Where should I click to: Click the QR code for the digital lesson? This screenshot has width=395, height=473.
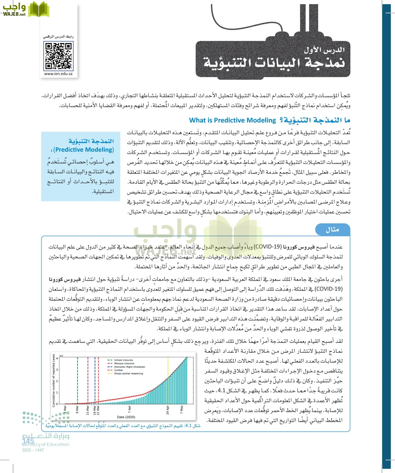pyautogui.click(x=58, y=56)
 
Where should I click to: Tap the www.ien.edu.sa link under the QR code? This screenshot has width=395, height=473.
pyautogui.click(x=58, y=74)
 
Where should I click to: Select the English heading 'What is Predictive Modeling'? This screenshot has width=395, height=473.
pyautogui.click(x=232, y=120)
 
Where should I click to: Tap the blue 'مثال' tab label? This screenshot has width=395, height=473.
pyautogui.click(x=332, y=230)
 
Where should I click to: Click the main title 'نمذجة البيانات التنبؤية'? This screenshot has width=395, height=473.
pyautogui.click(x=274, y=63)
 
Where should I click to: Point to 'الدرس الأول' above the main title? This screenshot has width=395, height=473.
pyautogui.click(x=324, y=50)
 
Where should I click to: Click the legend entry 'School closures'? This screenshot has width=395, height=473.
pyautogui.click(x=123, y=360)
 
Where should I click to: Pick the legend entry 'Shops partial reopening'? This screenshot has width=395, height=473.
pyautogui.click(x=128, y=373)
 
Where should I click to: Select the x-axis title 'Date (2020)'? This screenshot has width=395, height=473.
pyautogui.click(x=126, y=417)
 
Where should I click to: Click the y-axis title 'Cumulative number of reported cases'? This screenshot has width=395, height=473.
pyautogui.click(x=54, y=381)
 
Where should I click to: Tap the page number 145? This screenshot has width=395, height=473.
pyautogui.click(x=28, y=441)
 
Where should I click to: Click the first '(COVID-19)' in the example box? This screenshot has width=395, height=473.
pyautogui.click(x=269, y=247)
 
